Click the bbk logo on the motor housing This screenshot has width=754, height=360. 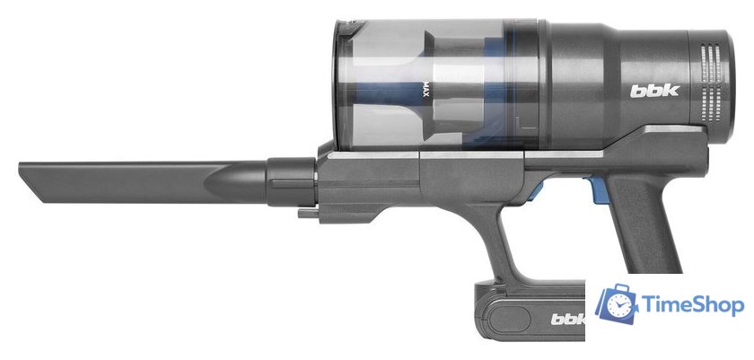654,91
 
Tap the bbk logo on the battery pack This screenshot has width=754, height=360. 568,319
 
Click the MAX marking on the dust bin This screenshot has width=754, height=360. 425,89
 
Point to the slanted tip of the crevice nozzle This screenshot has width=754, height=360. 30,181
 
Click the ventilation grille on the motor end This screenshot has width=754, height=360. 712,83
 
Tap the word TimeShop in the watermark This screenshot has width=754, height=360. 692,305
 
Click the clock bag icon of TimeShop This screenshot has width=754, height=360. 617,303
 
